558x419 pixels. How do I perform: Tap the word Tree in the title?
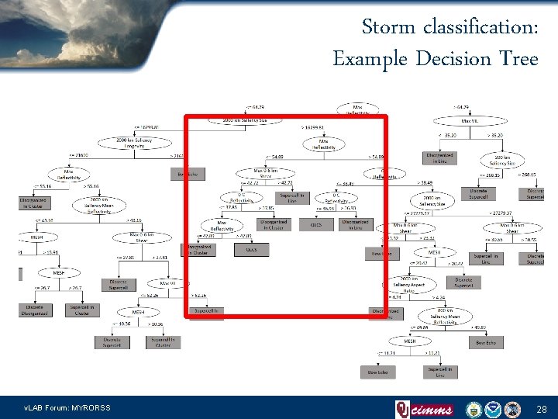coord(518,58)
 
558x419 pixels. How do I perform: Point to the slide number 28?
coord(541,408)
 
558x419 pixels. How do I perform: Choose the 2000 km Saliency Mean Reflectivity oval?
coord(103,205)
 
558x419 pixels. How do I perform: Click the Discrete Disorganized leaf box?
coord(34,310)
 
